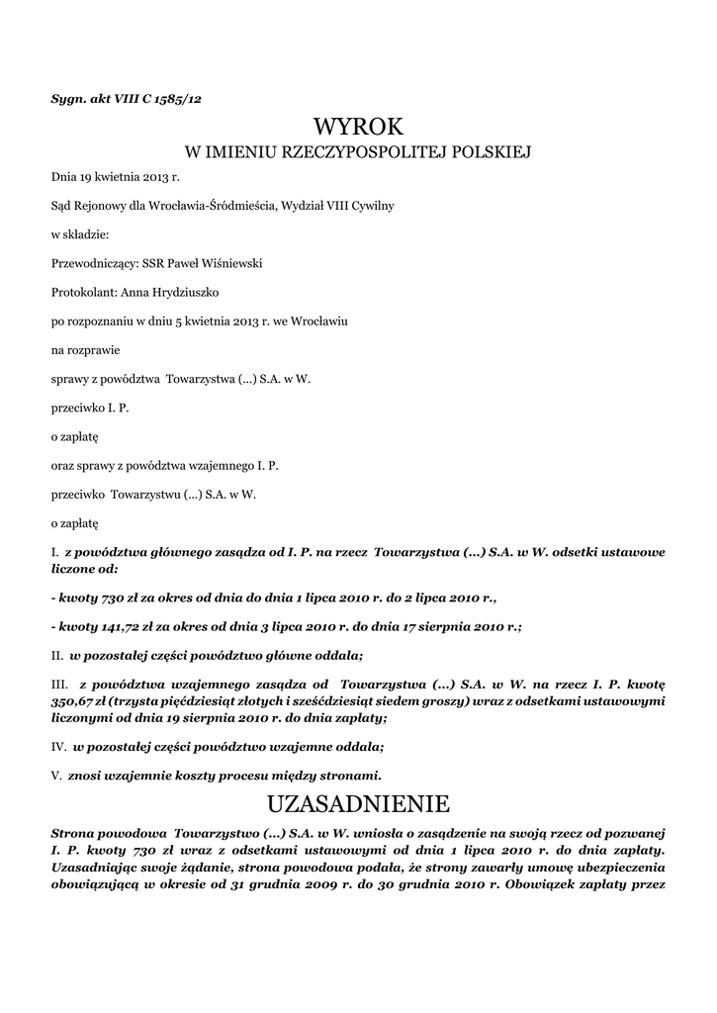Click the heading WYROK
click(x=358, y=127)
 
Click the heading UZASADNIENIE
click(x=358, y=800)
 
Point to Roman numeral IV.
click(x=57, y=746)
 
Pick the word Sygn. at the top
click(x=68, y=98)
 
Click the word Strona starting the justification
click(x=75, y=830)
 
